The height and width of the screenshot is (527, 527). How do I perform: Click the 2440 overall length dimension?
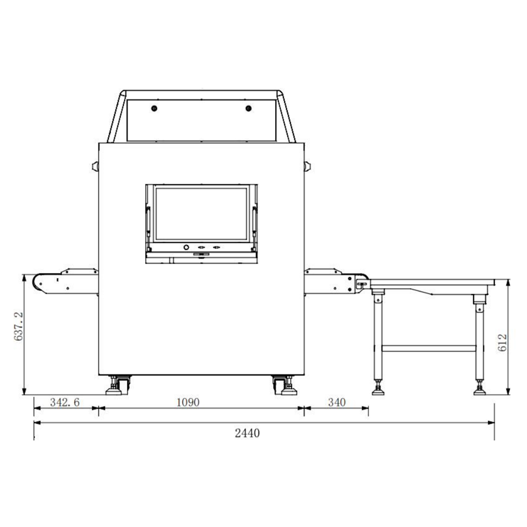pos(247,433)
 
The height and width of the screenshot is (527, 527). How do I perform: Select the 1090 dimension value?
pos(188,402)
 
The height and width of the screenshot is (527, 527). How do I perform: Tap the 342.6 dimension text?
pos(65,402)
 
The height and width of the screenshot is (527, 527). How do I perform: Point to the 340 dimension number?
pos(337,402)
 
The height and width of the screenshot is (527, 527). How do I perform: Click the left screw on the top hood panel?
pos(154,108)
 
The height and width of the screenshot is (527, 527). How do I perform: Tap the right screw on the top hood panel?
pos(248,108)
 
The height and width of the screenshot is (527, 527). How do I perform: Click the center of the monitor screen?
pos(201,213)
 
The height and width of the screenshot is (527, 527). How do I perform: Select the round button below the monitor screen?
pos(186,247)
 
